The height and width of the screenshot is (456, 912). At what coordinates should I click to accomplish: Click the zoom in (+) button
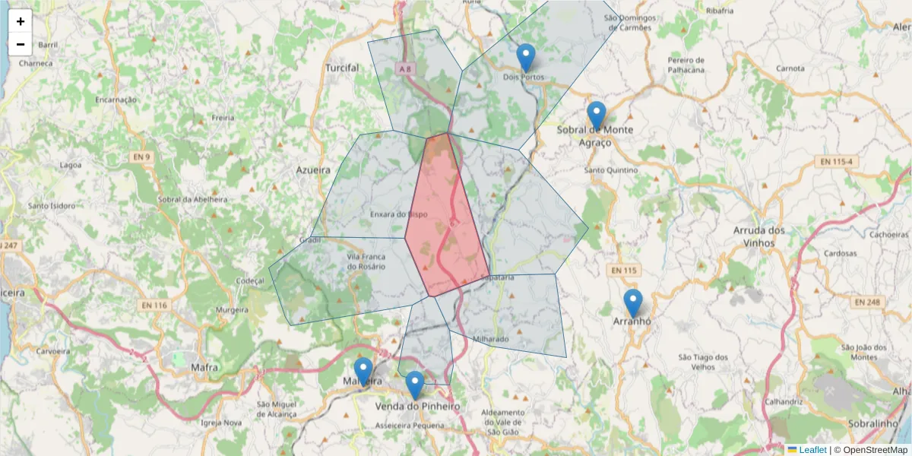[x=21, y=21]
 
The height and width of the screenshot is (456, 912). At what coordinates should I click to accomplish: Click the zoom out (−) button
[x=21, y=44]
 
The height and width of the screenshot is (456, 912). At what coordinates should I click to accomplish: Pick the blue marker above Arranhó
[x=632, y=303]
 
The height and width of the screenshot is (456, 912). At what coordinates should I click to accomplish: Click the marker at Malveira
[x=363, y=372]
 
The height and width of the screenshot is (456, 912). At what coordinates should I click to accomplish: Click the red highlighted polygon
[x=447, y=220]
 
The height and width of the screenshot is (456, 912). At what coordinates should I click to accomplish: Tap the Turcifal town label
[x=342, y=68]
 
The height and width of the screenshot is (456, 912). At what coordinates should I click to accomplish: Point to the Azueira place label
[x=313, y=170]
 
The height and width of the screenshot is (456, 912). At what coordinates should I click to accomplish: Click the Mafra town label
[x=204, y=368]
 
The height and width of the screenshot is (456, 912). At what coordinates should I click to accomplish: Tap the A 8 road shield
[x=407, y=68]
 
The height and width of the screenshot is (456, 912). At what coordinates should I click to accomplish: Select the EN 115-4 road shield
[x=837, y=162]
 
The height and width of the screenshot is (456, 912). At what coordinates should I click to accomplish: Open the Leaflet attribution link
[x=812, y=450]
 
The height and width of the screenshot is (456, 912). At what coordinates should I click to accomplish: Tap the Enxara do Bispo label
[x=398, y=214]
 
